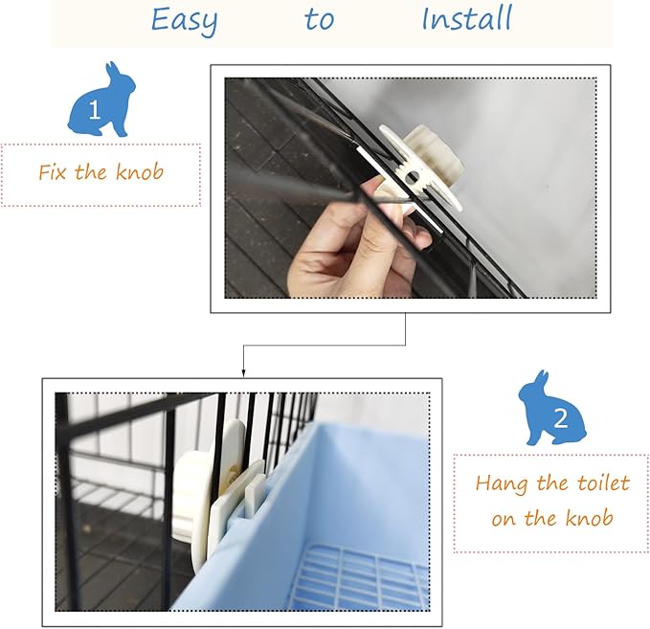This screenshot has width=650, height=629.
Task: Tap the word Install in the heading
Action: tap(467, 18)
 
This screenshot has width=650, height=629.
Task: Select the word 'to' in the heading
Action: tap(319, 19)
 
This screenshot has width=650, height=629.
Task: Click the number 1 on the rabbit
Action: tap(95, 110)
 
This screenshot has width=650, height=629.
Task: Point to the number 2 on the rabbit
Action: tap(560, 418)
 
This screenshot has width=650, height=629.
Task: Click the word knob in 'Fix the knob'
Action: tap(140, 171)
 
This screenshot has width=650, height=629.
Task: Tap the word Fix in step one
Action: tap(52, 171)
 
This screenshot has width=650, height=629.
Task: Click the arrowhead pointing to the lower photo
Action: tap(243, 373)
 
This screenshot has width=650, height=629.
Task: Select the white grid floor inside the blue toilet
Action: tap(362, 576)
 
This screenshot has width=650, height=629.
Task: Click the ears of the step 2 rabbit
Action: tap(542, 378)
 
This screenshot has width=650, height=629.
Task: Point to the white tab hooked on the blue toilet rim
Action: tap(255, 490)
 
